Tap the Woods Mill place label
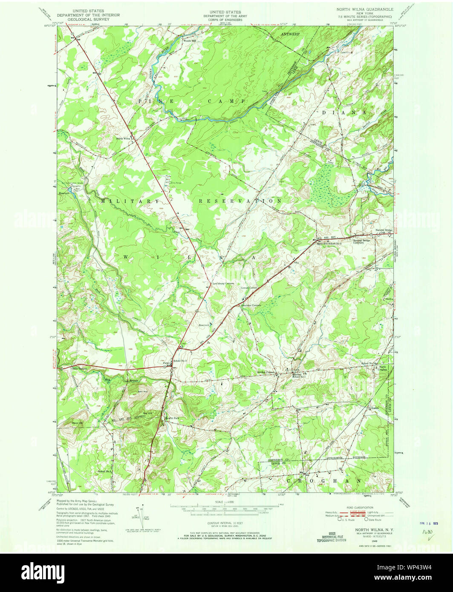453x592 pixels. (x=190, y=41)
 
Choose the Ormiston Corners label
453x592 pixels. (x=250, y=305)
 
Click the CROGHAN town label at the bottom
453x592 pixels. (x=324, y=480)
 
